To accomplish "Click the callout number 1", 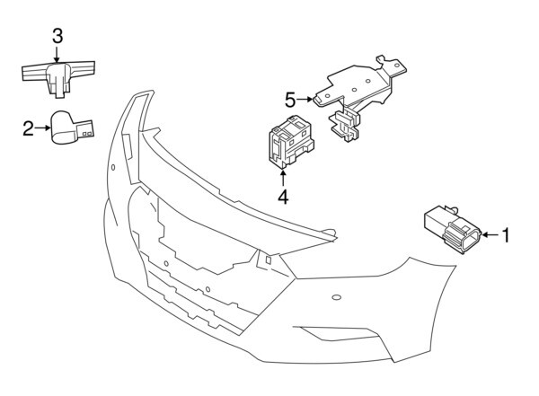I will point(506,235).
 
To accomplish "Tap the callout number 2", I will point(29,129).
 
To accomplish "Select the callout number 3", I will point(57,37).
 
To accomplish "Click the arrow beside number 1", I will point(490,235).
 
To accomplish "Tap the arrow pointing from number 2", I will point(42,129).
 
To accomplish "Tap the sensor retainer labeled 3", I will point(57,73).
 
